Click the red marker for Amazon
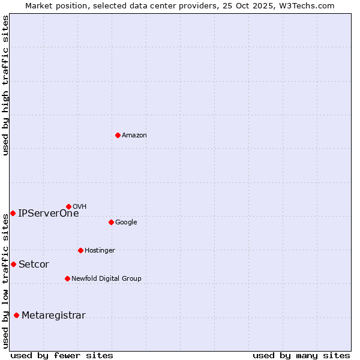[x=118, y=135]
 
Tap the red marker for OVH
[x=68, y=206]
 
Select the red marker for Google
[x=111, y=222]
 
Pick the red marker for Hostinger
[x=80, y=250]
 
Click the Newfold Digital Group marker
[x=67, y=278]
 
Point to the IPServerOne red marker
[x=13, y=213]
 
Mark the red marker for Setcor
[x=13, y=264]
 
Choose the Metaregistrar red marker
[x=16, y=315]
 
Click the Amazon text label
[x=134, y=136]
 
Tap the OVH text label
[x=80, y=207]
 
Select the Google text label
[x=126, y=223]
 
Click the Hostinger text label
[x=100, y=251]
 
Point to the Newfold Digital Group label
[x=106, y=279]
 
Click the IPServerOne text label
[x=48, y=214]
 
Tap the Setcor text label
[x=34, y=265]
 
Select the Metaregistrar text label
[x=53, y=316]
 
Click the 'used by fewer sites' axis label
[x=62, y=355]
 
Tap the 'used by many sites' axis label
[x=301, y=355]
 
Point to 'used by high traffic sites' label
[x=5, y=85]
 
